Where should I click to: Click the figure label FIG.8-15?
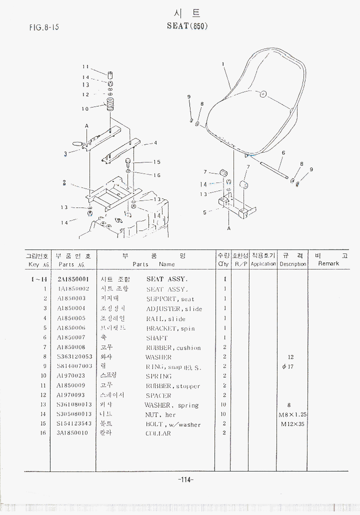(44, 27)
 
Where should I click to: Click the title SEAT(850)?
(186, 25)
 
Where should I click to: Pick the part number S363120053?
(74, 357)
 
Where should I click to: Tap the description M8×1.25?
(292, 414)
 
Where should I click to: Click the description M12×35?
(293, 424)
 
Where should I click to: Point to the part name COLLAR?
(158, 433)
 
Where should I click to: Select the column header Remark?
(328, 263)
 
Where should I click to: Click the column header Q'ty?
(223, 263)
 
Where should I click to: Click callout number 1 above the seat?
(222, 64)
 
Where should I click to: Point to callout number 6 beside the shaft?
(283, 153)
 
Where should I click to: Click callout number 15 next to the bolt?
(157, 162)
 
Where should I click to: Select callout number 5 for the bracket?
(204, 212)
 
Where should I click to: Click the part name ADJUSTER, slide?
(173, 309)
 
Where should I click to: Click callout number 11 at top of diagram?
(85, 66)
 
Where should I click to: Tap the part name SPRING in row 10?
(158, 376)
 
